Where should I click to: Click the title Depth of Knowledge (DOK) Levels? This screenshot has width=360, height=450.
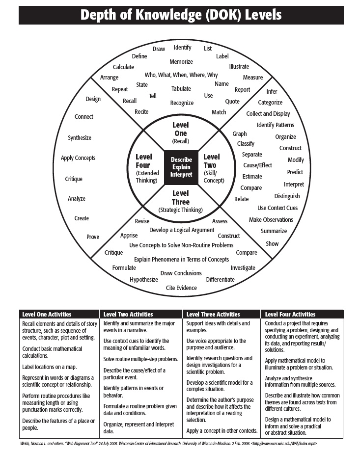click(180, 15)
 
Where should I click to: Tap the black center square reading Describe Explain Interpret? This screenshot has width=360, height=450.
click(181, 168)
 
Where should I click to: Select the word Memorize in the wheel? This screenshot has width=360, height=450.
click(181, 62)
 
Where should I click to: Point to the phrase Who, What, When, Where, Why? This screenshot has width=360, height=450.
click(181, 75)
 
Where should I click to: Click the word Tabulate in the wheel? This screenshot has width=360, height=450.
click(181, 89)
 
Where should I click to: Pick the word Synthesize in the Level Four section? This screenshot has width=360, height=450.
click(80, 138)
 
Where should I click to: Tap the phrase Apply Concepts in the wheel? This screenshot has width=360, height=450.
click(78, 158)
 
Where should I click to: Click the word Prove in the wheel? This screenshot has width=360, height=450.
click(93, 237)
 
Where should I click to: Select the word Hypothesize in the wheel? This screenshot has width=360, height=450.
click(144, 280)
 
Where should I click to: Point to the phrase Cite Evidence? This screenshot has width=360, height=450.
click(181, 288)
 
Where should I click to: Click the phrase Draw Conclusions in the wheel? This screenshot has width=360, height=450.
click(181, 273)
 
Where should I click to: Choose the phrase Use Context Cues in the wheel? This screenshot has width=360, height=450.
click(277, 208)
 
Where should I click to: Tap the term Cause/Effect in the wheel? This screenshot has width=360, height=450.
click(257, 165)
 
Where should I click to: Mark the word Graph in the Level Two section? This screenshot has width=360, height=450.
click(240, 134)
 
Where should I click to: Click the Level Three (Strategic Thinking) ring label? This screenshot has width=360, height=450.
click(181, 201)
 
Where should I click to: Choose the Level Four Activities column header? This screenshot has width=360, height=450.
click(290, 315)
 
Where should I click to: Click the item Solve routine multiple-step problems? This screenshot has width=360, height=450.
click(140, 359)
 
